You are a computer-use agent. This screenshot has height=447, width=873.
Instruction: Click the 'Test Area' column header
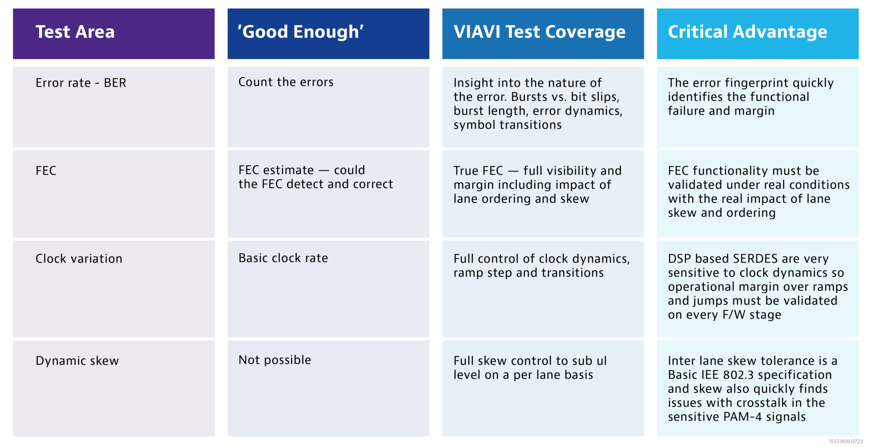click(x=75, y=32)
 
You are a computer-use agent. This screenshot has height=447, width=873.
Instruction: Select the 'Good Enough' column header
click(x=301, y=32)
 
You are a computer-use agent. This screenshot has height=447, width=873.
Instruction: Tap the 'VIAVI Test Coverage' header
click(x=539, y=32)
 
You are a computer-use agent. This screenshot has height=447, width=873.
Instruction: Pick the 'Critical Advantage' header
click(x=747, y=32)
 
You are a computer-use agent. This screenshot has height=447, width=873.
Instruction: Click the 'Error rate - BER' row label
click(x=81, y=83)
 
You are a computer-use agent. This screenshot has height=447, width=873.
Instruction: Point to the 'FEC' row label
click(x=46, y=171)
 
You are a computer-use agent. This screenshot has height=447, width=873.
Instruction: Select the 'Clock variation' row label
click(x=79, y=259)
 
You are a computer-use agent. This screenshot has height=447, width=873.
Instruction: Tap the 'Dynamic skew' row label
click(x=77, y=361)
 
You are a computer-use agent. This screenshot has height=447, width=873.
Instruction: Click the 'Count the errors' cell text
click(x=286, y=82)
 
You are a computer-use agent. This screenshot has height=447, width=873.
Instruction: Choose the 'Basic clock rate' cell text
click(x=283, y=258)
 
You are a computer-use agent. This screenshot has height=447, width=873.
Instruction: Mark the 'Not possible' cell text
click(x=275, y=360)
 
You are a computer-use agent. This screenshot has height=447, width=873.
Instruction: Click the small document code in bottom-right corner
click(x=845, y=442)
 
